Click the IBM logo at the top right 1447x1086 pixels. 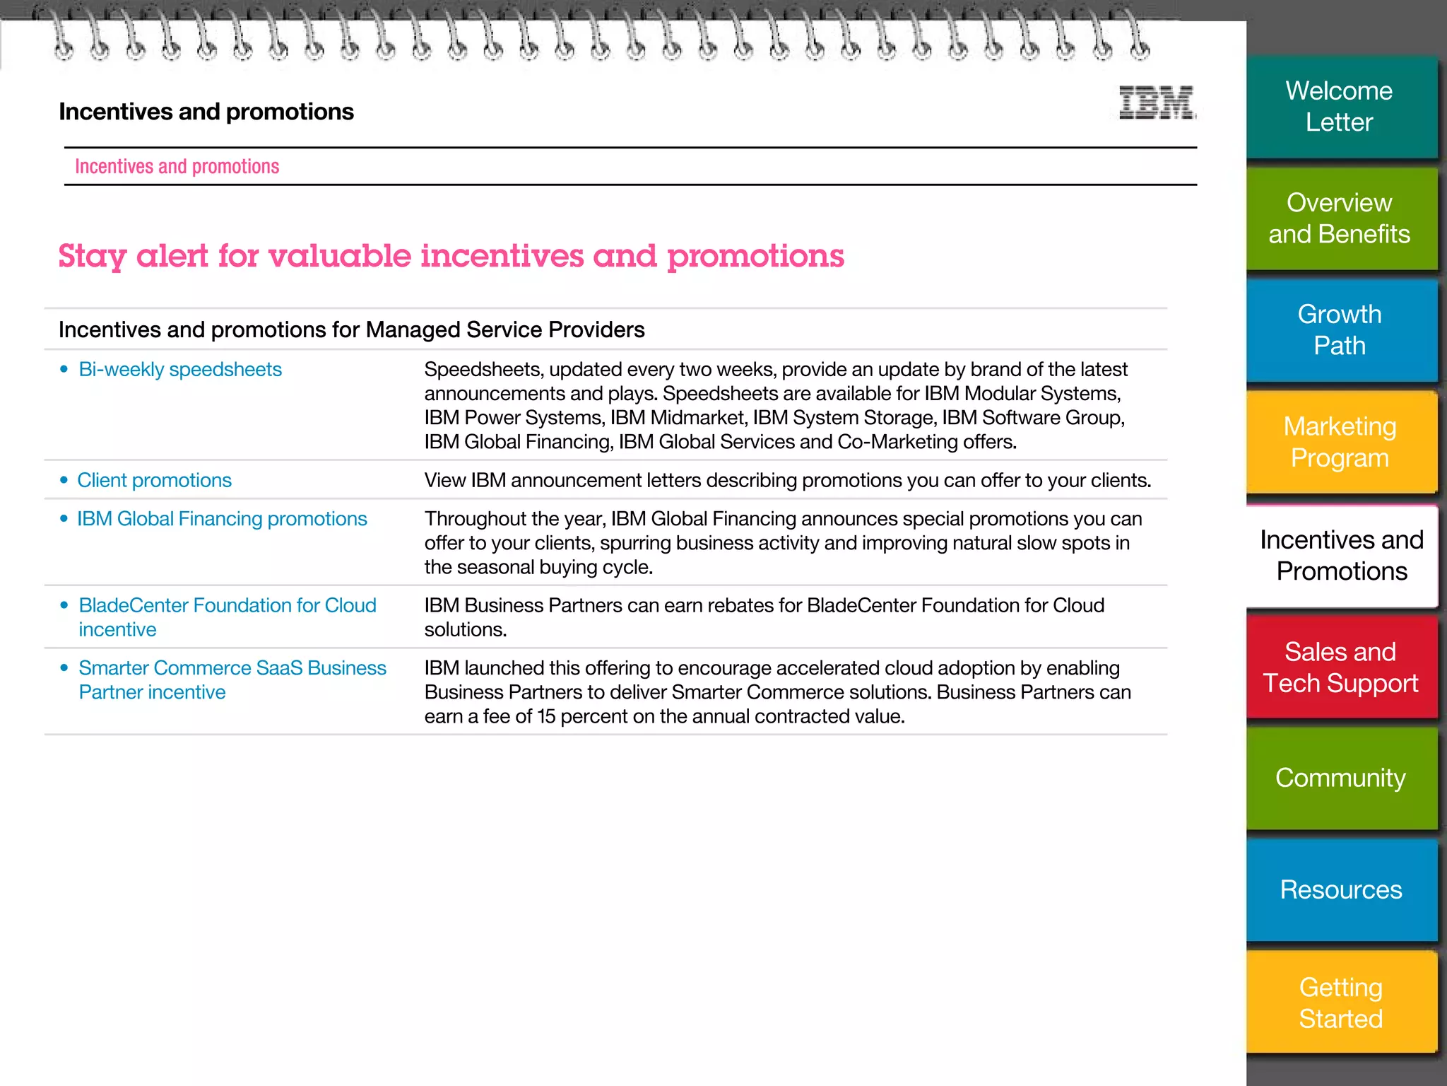coord(1157,103)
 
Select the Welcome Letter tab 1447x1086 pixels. coord(1340,107)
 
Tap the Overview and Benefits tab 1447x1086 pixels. coord(1340,218)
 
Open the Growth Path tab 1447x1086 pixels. coord(1340,330)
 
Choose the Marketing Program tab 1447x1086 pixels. coord(1340,442)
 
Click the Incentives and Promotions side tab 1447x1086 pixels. coord(1341,556)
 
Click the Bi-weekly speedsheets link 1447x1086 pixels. coord(180,370)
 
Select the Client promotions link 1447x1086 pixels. coord(154,481)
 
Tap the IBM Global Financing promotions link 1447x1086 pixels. coord(222,519)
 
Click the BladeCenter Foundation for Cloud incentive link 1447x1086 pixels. coord(227,606)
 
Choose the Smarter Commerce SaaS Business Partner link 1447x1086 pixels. coord(232,668)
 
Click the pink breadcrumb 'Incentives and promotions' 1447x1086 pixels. coord(177,167)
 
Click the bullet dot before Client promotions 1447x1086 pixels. coord(64,481)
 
